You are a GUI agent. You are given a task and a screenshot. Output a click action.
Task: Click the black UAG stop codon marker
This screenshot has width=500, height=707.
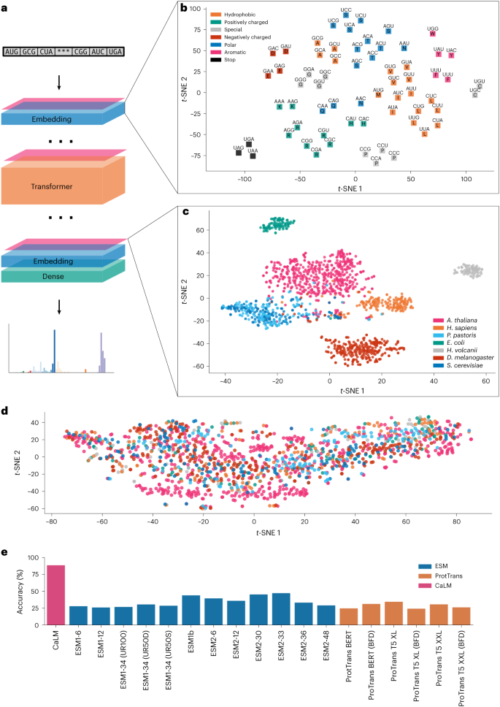coord(239,153)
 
